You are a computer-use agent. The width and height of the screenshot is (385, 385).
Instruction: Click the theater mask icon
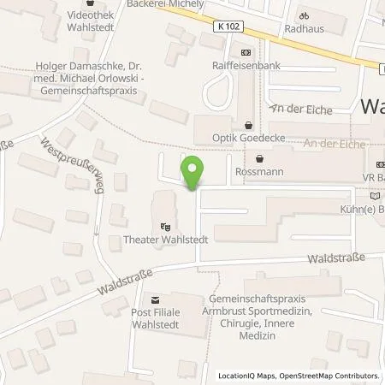coord(166,227)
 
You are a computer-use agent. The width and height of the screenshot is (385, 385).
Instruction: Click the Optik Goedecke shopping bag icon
coord(249,123)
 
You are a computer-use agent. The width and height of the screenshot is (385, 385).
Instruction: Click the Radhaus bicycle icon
coord(302,15)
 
